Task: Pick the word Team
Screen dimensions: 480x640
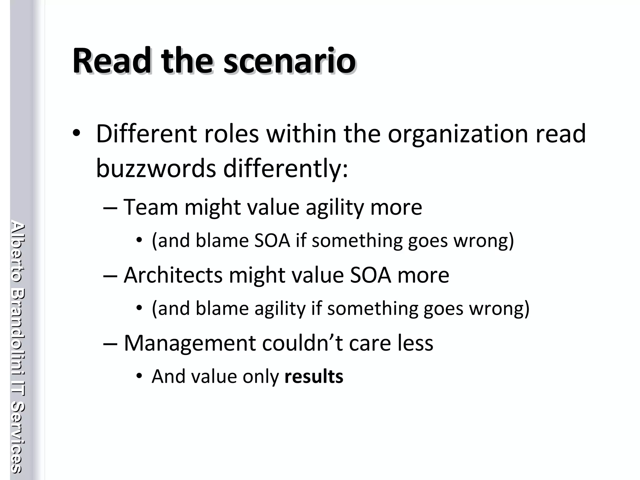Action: coord(151,207)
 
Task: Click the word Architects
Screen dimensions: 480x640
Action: coord(173,275)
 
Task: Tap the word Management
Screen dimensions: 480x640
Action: coord(190,343)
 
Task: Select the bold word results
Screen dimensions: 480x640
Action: coord(314,376)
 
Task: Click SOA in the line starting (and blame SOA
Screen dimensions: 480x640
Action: coord(272,241)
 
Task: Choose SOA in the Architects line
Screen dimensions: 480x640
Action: coord(370,275)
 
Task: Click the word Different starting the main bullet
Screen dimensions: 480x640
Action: coord(147,134)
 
